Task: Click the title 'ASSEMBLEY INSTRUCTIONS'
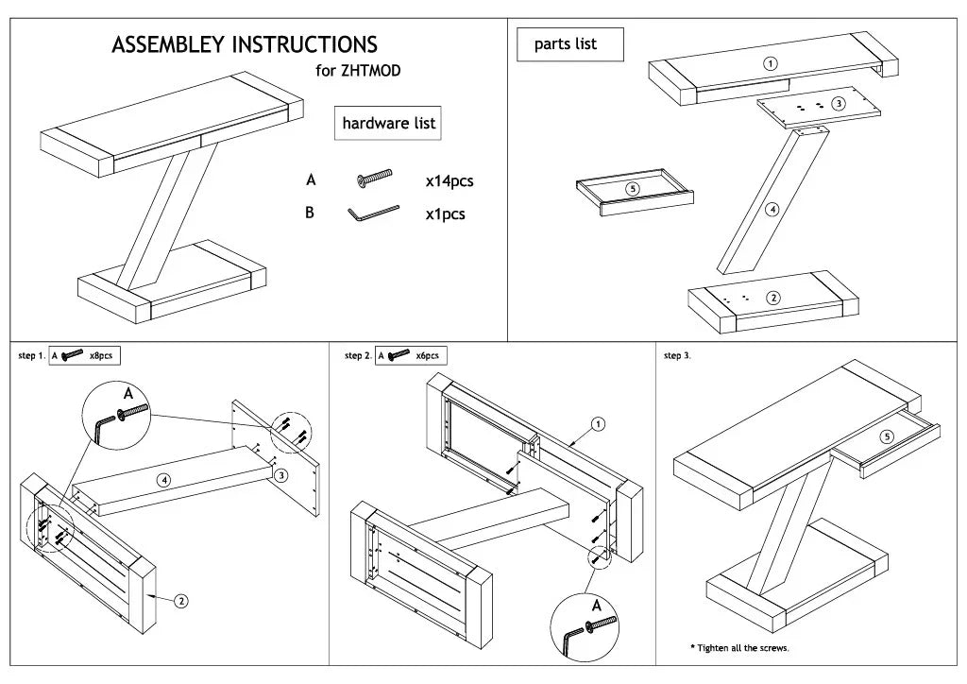coord(245,44)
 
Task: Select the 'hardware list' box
coord(388,123)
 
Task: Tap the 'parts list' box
coord(570,44)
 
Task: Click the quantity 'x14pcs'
coord(450,181)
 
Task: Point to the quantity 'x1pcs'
coord(445,214)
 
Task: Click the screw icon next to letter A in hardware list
coord(374,178)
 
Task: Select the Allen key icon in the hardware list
coord(372,214)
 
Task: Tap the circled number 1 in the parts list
coord(770,64)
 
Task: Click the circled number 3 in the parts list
coord(838,103)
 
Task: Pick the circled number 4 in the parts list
coord(772,209)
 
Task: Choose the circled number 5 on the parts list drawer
coord(633,189)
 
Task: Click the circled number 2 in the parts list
coord(773,299)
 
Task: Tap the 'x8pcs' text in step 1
coord(101,356)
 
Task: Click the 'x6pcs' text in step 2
coord(427,356)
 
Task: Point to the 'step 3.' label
coord(677,356)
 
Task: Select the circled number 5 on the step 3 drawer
coord(886,436)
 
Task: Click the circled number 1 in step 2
coord(599,424)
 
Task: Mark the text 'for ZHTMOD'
coord(358,71)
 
